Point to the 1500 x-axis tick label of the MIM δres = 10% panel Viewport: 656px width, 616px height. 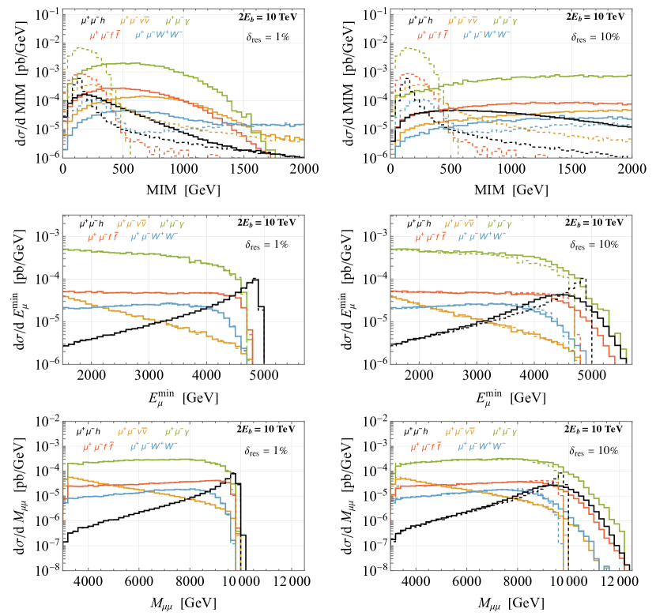(x=571, y=170)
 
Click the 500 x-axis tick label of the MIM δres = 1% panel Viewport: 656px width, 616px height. (x=123, y=170)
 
